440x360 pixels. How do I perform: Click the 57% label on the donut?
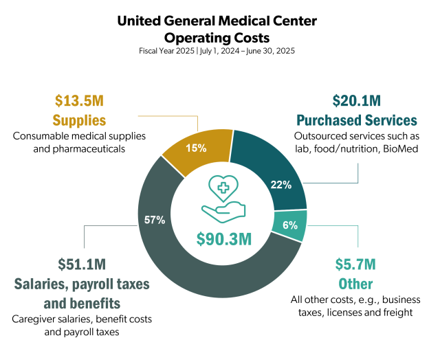pos(155,220)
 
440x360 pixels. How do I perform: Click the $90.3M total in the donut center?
pos(223,239)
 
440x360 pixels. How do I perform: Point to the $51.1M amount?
pos(81,264)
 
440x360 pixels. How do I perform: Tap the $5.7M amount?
pos(355,264)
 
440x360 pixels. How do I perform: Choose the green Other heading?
pos(355,283)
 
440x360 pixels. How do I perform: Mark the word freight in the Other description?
pos(395,313)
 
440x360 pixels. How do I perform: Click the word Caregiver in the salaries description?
pos(35,319)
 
